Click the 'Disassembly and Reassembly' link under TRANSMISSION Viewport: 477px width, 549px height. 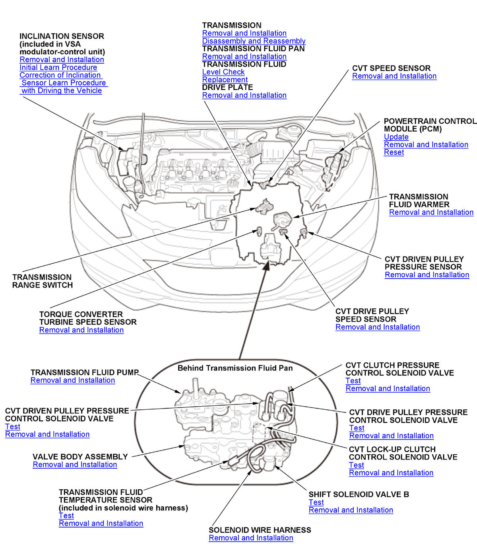254,41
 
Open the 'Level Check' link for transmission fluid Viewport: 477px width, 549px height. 223,72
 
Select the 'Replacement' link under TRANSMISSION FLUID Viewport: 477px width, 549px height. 225,80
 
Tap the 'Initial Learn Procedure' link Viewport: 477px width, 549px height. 58,67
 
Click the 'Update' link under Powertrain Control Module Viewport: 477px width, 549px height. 396,137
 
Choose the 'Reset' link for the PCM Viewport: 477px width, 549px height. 394,152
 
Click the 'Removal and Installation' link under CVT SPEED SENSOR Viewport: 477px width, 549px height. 394,76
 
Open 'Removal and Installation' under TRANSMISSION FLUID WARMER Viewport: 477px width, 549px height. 431,212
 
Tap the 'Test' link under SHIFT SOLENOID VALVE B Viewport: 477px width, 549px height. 316,502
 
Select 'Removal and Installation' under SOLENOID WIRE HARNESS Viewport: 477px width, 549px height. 251,538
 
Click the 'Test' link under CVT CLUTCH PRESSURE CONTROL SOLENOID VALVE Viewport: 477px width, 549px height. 353,381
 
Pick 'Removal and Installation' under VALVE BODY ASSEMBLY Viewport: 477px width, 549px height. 75,465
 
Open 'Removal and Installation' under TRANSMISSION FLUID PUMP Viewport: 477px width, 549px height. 72,380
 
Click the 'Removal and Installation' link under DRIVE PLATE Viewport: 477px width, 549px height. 244,95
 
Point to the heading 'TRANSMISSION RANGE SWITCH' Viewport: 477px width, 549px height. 42,281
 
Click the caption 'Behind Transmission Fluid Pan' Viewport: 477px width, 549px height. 235,368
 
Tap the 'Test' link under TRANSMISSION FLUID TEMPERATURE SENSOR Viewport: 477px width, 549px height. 66,516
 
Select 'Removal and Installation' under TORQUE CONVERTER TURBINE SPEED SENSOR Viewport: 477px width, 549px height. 81,330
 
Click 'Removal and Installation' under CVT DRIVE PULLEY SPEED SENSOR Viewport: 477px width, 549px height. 377,327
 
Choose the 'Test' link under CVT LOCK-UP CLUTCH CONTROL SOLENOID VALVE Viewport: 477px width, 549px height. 356,465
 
